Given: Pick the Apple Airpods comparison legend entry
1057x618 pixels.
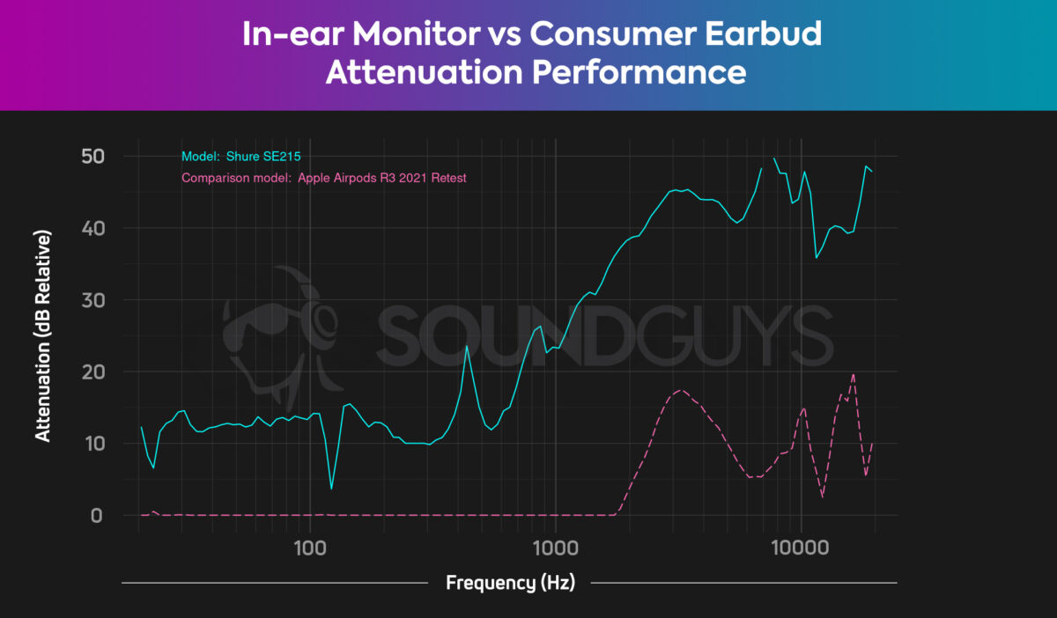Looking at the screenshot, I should pos(323,178).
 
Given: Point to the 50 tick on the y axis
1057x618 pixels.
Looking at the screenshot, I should pos(92,157).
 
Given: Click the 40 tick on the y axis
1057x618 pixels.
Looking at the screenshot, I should pos(92,228).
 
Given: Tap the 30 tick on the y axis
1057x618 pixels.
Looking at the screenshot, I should pos(92,300).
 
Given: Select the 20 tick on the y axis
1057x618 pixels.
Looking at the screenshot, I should pos(92,372).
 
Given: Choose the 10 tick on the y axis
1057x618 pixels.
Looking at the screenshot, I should pos(92,444).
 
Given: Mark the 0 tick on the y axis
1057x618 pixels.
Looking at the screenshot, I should pos(98,515).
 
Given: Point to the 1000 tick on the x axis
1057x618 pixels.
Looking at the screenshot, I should pos(555,548).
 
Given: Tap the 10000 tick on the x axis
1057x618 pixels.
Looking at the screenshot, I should pos(801,548).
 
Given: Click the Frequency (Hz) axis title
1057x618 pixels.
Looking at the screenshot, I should pos(510,583).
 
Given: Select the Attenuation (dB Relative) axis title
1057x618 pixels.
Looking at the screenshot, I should pos(42,335).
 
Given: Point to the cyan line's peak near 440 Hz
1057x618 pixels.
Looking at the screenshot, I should pos(467,347).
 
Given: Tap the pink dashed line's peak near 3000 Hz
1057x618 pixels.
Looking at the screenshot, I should pos(680,390).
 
